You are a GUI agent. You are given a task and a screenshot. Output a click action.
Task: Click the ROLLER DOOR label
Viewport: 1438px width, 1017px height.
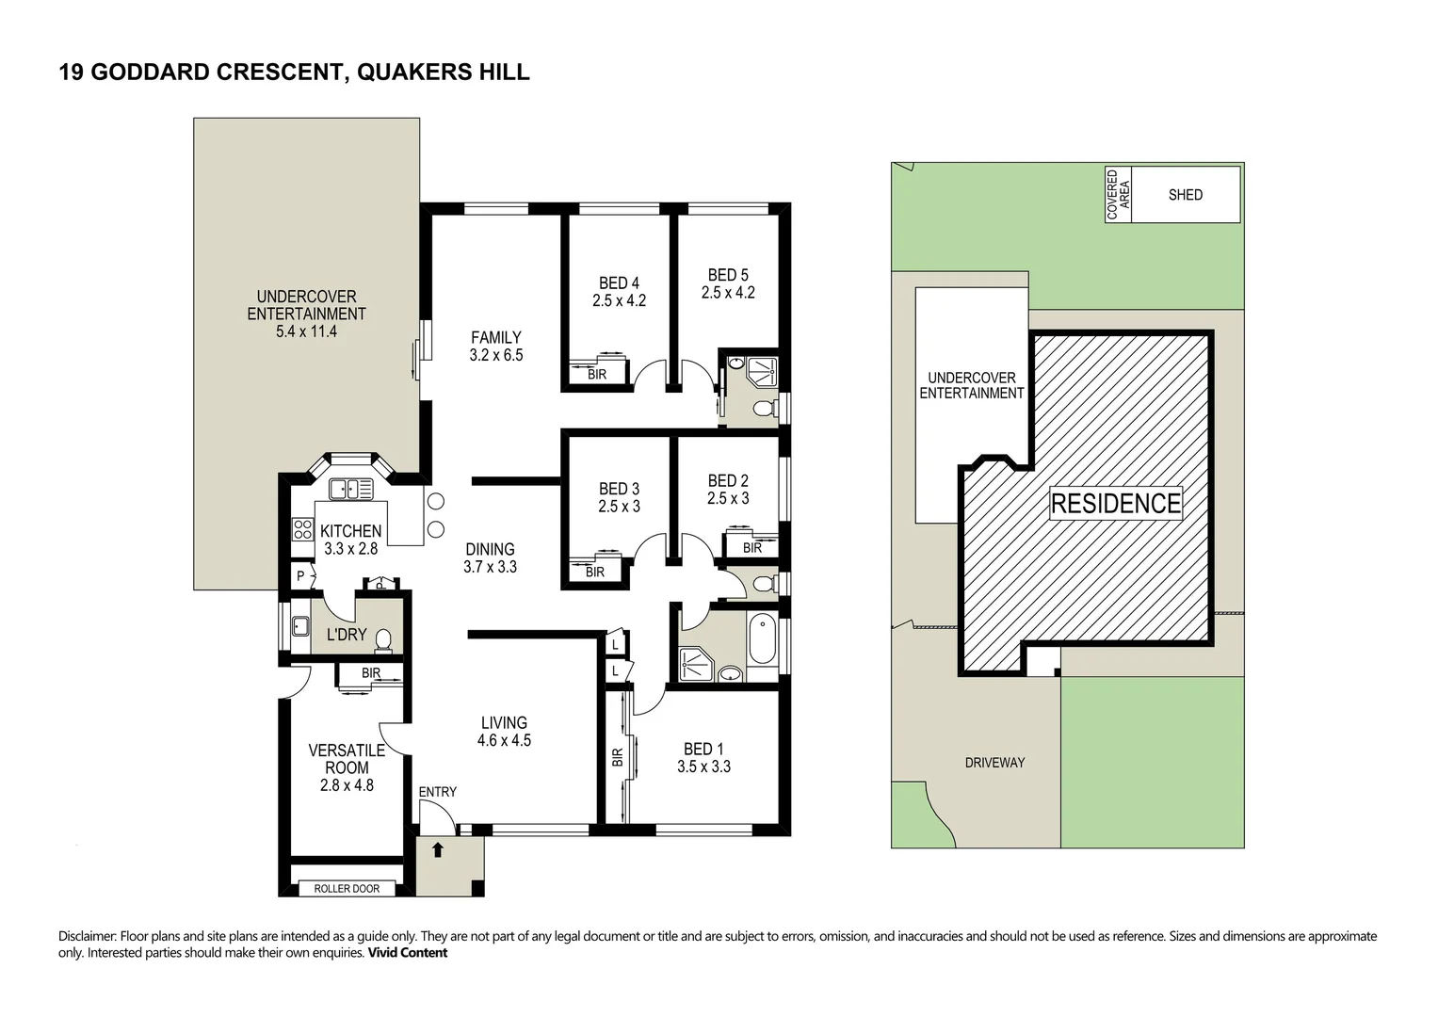(347, 889)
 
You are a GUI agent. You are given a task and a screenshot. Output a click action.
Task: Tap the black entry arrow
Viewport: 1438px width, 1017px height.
(438, 850)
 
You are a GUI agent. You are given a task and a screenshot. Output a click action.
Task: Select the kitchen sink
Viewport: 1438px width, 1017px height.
(350, 490)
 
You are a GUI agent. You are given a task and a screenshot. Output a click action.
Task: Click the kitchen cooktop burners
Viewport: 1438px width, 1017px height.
(302, 529)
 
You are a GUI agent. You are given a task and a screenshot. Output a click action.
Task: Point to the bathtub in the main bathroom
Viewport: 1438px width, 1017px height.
(763, 639)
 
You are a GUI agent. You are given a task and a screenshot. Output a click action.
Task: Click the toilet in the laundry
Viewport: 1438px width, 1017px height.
(383, 640)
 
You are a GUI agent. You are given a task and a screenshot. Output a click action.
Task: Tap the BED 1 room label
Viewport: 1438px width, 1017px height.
(703, 749)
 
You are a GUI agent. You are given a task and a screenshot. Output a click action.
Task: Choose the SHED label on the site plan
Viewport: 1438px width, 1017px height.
(1185, 195)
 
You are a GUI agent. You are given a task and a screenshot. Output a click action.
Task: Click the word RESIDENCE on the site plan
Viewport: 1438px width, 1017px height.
(1116, 504)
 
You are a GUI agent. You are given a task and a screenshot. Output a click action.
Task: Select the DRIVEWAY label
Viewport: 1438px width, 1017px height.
(994, 763)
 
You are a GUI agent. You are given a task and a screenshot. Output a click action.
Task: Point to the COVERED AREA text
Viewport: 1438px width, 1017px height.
(1118, 195)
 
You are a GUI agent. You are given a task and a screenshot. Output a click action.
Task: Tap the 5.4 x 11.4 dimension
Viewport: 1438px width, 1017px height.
(306, 331)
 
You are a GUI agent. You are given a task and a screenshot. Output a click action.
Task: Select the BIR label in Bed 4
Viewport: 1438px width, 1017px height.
(596, 375)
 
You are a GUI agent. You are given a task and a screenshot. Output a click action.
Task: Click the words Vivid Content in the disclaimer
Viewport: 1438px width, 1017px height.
(407, 953)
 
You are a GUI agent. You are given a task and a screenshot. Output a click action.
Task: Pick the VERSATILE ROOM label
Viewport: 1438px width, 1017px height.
(347, 759)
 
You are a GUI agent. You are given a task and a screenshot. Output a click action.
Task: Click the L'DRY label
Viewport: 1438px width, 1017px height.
(347, 635)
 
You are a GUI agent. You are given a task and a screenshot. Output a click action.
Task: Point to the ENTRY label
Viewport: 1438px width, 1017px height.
(437, 792)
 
